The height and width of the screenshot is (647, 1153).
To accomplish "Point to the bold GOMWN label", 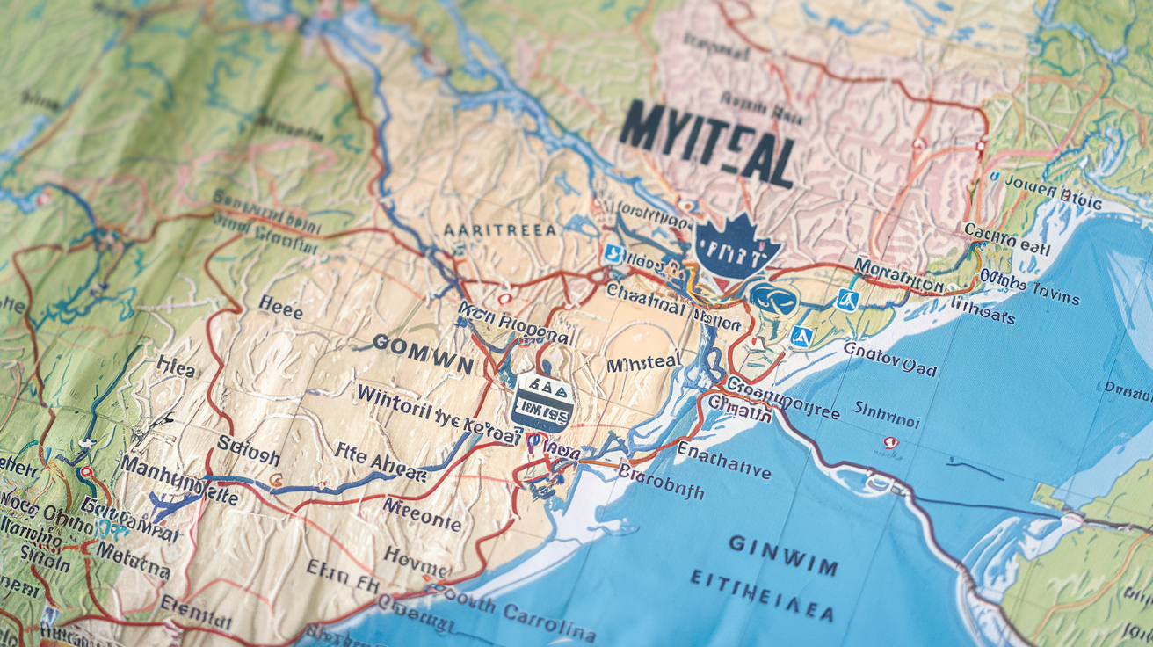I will [x=423, y=345].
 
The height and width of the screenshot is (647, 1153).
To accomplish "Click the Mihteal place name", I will [x=645, y=363].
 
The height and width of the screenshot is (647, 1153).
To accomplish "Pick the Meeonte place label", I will [x=422, y=515].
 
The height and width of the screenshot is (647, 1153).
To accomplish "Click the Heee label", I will [x=280, y=309].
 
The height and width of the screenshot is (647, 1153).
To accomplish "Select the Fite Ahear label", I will [x=381, y=462].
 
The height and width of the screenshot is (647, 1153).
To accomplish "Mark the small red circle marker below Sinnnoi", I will [x=890, y=443].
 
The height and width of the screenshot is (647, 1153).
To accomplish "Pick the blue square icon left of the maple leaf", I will [x=613, y=255].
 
